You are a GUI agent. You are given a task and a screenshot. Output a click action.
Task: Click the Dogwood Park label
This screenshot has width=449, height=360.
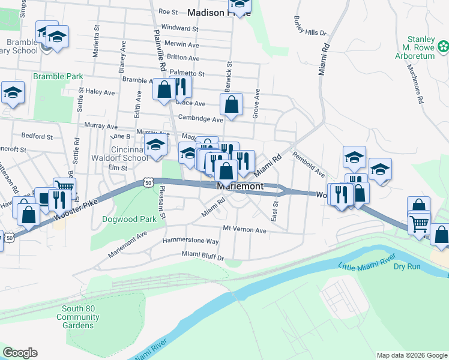[137, 220]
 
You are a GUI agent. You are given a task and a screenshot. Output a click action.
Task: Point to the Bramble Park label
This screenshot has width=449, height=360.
[58, 77]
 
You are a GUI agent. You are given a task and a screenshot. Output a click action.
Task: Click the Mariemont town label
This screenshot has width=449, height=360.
[239, 187]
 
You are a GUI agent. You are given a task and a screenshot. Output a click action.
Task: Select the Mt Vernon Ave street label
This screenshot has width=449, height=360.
[244, 230]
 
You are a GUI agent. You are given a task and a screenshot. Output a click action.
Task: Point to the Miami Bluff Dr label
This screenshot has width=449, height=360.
[203, 256]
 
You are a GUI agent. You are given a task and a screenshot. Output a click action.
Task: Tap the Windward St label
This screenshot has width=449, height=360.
[179, 28]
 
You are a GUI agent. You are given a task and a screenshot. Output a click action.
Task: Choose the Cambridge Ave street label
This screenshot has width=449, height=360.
[194, 119]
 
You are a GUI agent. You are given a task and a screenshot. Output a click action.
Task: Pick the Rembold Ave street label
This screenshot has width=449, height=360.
[309, 164]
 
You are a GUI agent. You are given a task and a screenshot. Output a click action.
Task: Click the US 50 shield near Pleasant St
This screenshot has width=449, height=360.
[149, 181]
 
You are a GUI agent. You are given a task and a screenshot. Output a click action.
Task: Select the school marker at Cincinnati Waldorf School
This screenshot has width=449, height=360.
[156, 145]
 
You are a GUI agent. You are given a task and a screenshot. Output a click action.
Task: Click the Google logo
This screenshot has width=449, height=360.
[20, 353]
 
